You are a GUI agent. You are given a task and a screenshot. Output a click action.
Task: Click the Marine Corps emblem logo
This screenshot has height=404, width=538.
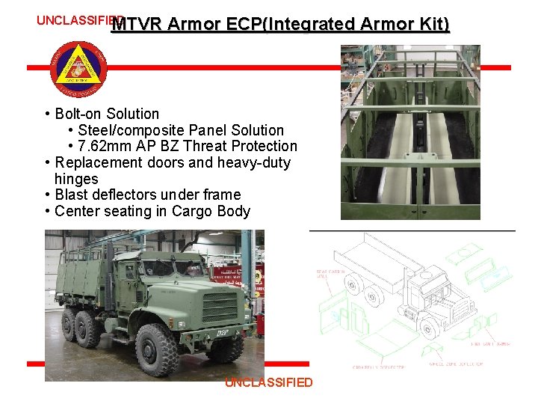(79, 67)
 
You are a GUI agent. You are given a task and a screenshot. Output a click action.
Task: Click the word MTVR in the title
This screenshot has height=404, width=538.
(139, 25)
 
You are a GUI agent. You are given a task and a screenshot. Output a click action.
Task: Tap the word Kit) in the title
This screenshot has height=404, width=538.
(434, 25)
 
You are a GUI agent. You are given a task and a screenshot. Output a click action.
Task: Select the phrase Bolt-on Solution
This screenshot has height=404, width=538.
(107, 114)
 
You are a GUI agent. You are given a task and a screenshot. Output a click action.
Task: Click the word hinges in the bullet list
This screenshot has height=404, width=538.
(76, 179)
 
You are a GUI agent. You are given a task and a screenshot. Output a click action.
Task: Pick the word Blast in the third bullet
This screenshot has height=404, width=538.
(72, 195)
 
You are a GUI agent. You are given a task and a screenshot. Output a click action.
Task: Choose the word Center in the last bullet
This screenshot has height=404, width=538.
(77, 211)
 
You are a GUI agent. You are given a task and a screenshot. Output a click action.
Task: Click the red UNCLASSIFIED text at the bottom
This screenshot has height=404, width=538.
(269, 382)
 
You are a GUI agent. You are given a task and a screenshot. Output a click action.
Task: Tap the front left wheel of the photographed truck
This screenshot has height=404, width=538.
(157, 349)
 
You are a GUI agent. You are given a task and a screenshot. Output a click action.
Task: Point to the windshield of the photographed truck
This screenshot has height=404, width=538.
(173, 267)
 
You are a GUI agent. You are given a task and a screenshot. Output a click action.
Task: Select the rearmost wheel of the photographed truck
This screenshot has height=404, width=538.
(67, 328)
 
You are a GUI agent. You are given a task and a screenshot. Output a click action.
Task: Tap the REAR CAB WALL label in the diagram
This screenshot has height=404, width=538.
(330, 273)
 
